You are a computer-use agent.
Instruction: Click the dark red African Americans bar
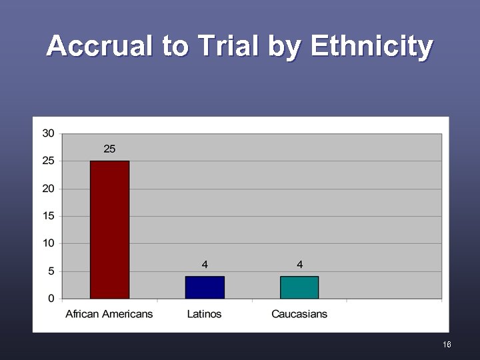(x=109, y=229)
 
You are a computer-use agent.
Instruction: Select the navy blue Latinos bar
(x=205, y=287)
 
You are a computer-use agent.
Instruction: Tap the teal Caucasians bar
(x=299, y=287)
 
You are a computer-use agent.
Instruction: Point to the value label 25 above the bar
(x=109, y=149)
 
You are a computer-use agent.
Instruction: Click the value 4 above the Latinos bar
(x=205, y=265)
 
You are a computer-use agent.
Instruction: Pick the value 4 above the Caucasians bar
(x=300, y=265)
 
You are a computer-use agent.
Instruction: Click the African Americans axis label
(x=109, y=314)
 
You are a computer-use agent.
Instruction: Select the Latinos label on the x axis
(x=205, y=314)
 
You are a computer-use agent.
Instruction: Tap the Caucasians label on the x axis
(x=299, y=314)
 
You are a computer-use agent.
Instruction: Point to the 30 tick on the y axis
(x=49, y=133)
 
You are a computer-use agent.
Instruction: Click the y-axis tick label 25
(x=49, y=161)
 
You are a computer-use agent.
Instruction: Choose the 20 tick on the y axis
(x=49, y=189)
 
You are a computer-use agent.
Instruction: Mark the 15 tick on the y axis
(x=49, y=216)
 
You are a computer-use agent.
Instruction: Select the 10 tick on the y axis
(x=49, y=243)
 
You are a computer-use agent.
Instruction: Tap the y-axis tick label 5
(x=51, y=271)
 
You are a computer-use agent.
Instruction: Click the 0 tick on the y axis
(x=51, y=299)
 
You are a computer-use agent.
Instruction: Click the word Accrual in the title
(x=99, y=47)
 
